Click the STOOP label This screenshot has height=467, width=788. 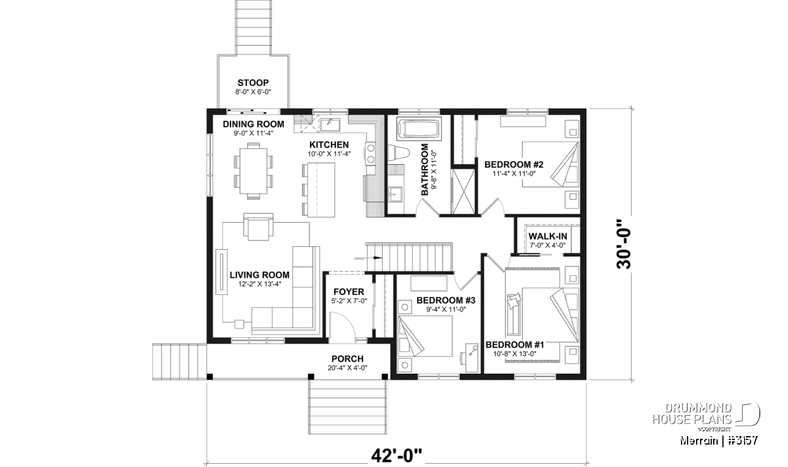coord(253,83)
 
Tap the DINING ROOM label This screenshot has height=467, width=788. coord(253,124)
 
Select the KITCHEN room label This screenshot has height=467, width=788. coord(329,145)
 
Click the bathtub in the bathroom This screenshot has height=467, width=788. coord(418,129)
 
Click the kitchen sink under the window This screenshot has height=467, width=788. coord(330,124)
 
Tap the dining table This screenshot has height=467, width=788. coord(253,171)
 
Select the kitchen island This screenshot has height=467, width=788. coord(322,190)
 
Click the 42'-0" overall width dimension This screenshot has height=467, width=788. coord(396,456)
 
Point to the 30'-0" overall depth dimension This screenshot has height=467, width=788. coord(624,244)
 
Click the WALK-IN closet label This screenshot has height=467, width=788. coord(548,236)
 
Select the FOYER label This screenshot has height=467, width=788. coord(349,292)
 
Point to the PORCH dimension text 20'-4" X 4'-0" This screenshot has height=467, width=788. coord(347,368)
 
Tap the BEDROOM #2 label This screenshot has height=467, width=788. coord(514,164)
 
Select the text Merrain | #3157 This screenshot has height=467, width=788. coord(718,441)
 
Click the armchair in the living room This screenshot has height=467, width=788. coord(258,227)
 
